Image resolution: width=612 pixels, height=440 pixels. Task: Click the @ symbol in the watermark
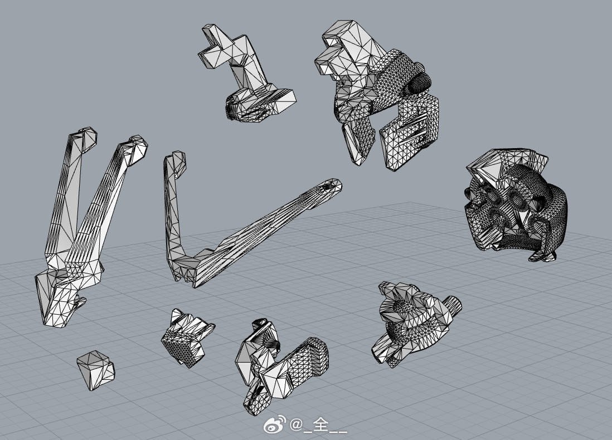[x=296, y=424]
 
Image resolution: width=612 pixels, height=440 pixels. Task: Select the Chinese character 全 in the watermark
[x=320, y=424]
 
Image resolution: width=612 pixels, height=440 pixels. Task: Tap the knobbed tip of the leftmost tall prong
[x=86, y=138]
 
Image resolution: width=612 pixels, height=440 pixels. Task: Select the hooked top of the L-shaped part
[x=176, y=163]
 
